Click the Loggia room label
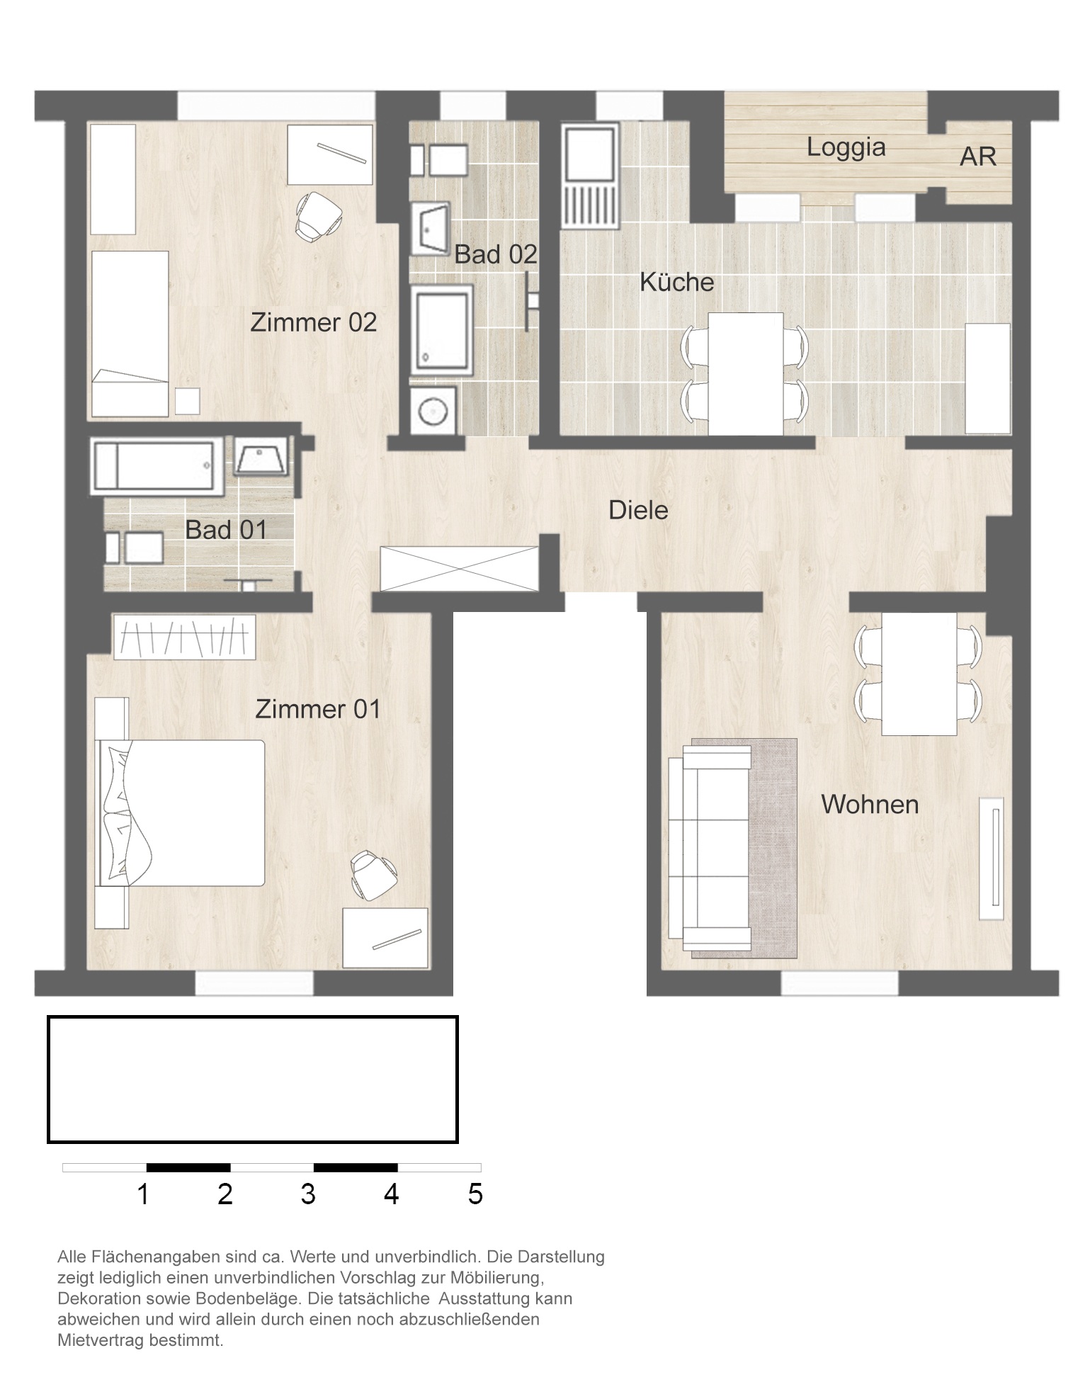(846, 147)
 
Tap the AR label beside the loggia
(977, 157)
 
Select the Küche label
(676, 282)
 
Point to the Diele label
(638, 510)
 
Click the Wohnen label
(870, 804)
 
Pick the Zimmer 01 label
(317, 709)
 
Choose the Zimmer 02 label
(313, 322)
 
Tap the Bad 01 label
(226, 530)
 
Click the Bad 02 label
(496, 254)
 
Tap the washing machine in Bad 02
(432, 411)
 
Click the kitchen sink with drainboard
(590, 176)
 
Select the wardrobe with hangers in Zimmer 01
(184, 637)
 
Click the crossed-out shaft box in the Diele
(460, 568)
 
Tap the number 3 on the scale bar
(307, 1194)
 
